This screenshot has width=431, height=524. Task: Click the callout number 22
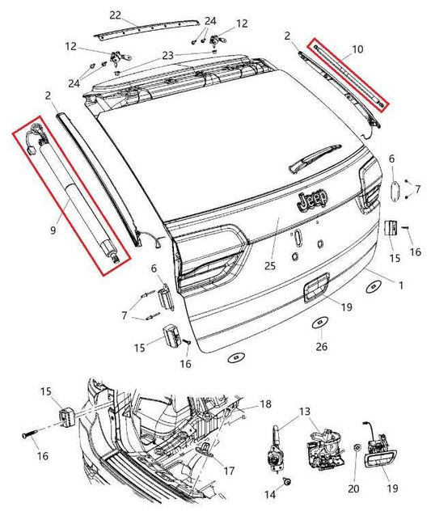[115, 15]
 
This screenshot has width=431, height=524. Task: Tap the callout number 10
[357, 49]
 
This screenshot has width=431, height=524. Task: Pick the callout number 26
[322, 348]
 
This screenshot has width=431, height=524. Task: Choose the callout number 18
[264, 403]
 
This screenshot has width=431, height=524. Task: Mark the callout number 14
[271, 493]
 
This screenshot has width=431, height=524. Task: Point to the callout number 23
[167, 55]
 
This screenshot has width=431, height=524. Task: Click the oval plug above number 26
[321, 323]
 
